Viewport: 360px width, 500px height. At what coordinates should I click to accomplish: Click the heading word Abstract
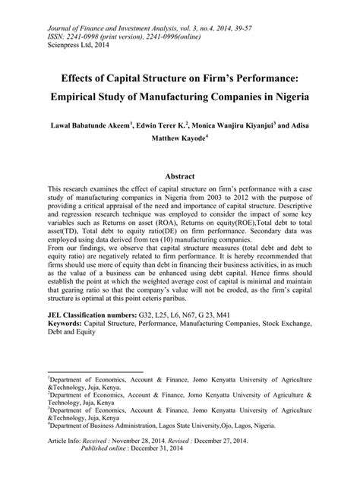tap(179, 175)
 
